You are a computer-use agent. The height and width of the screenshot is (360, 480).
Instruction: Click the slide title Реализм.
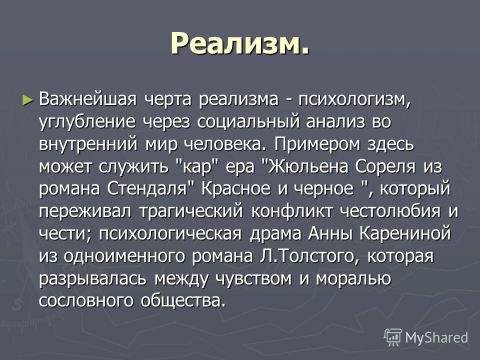tap(239, 43)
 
